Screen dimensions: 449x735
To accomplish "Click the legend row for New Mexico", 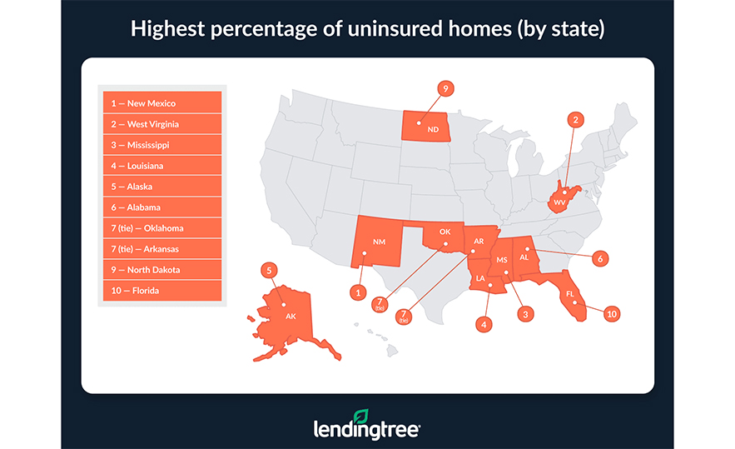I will [160, 103].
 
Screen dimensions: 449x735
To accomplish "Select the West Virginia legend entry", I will [160, 124].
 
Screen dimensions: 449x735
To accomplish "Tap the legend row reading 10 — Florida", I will [160, 291].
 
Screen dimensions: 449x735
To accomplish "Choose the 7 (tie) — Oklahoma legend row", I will [160, 228].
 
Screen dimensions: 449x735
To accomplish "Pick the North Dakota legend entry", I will [160, 270].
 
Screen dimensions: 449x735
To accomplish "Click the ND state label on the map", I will [432, 130].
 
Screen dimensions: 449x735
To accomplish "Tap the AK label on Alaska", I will [291, 316].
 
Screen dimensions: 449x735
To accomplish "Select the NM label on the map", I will [380, 242].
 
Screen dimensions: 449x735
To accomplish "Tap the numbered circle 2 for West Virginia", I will [575, 120].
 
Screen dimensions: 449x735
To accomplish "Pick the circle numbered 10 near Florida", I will [612, 314].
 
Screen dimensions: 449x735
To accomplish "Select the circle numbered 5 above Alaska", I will [268, 270].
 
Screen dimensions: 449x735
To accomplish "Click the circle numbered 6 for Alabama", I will [599, 259].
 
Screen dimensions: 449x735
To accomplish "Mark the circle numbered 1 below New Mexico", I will [358, 292].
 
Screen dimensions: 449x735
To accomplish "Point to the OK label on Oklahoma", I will [444, 232].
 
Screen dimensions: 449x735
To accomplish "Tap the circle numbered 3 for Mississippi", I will [525, 314].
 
